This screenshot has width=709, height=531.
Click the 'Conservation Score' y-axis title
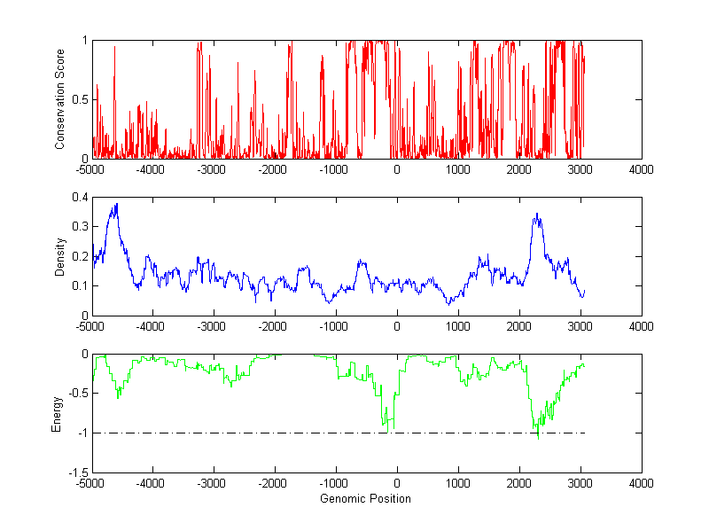60,99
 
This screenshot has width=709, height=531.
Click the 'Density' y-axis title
60,256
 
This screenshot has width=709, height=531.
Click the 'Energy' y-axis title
57,414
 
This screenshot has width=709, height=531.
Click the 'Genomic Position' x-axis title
366,499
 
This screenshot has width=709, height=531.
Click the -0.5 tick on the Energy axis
76,394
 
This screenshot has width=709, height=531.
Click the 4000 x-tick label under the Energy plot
641,484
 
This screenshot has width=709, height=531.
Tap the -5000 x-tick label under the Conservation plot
90,169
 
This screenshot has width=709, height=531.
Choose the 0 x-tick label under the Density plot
396,326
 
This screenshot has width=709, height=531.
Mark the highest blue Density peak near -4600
116,205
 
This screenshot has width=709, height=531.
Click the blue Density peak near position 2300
537,214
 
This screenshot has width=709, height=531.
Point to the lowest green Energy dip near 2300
537,437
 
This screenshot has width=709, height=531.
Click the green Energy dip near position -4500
118,397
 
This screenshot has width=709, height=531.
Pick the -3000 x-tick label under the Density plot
213,326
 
